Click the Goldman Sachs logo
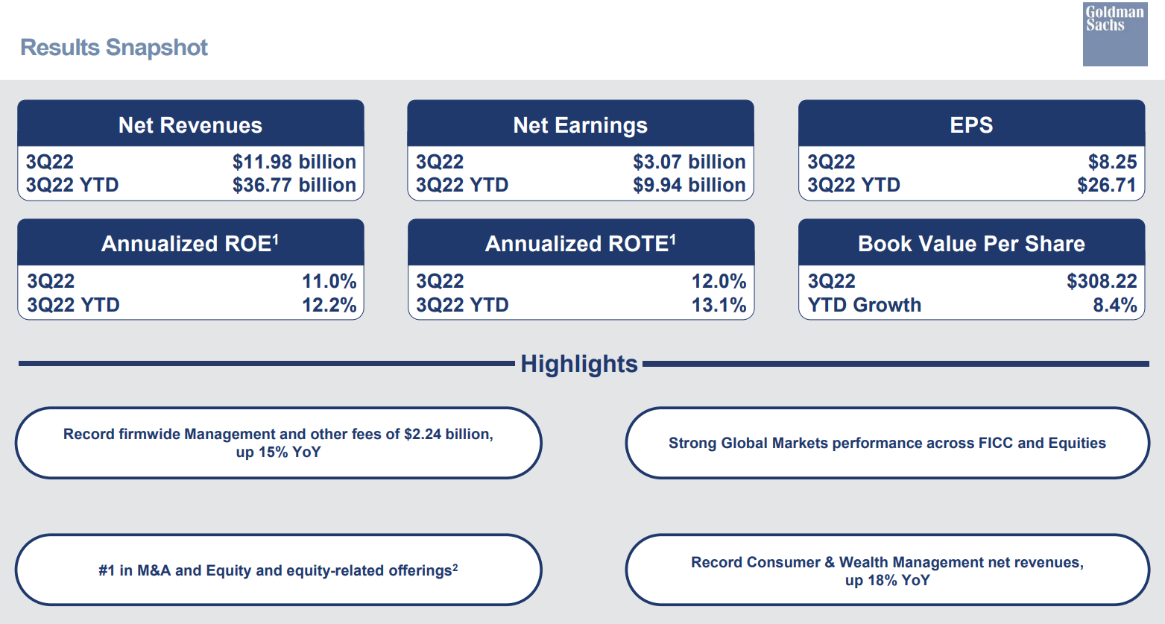pyautogui.click(x=1114, y=34)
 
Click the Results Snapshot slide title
pyautogui.click(x=114, y=48)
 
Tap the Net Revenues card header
pyautogui.click(x=190, y=125)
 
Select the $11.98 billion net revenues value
pyautogui.click(x=294, y=162)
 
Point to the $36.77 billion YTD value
pyautogui.click(x=294, y=185)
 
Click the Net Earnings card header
pyautogui.click(x=580, y=125)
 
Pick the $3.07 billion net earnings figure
pyautogui.click(x=689, y=162)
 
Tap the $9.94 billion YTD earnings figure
pyautogui.click(x=689, y=185)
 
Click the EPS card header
pyautogui.click(x=970, y=125)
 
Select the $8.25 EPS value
pyautogui.click(x=1112, y=162)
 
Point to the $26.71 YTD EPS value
pyautogui.click(x=1106, y=185)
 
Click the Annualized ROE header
pyautogui.click(x=190, y=244)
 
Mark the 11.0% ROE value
pyautogui.click(x=329, y=281)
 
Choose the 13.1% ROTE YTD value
pyautogui.click(x=719, y=305)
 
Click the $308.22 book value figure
pyautogui.click(x=1101, y=281)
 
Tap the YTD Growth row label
pyautogui.click(x=864, y=305)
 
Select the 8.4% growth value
pyautogui.click(x=1114, y=305)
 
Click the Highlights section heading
pyautogui.click(x=579, y=364)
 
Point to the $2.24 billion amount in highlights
pyautogui.click(x=448, y=434)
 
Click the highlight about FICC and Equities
pyautogui.click(x=887, y=443)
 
